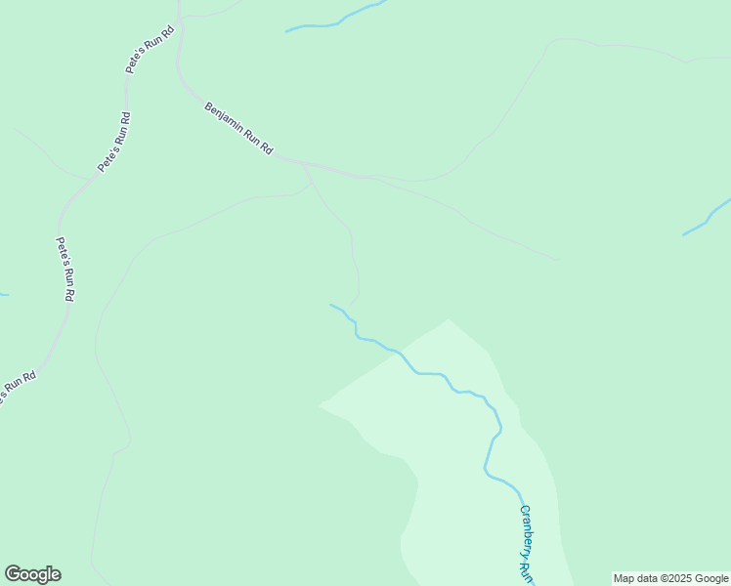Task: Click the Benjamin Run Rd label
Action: (x=238, y=127)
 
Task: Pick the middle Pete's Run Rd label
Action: (x=114, y=143)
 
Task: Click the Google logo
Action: (x=32, y=574)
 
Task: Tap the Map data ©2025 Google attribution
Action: (x=670, y=578)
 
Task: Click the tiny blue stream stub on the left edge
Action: (x=4, y=294)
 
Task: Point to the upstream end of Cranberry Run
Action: (x=331, y=305)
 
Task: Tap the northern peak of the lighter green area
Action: (x=448, y=320)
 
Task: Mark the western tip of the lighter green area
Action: (x=322, y=403)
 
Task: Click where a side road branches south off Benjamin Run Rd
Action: (x=305, y=165)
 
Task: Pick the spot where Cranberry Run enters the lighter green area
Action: (x=400, y=353)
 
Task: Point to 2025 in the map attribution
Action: (x=678, y=578)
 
